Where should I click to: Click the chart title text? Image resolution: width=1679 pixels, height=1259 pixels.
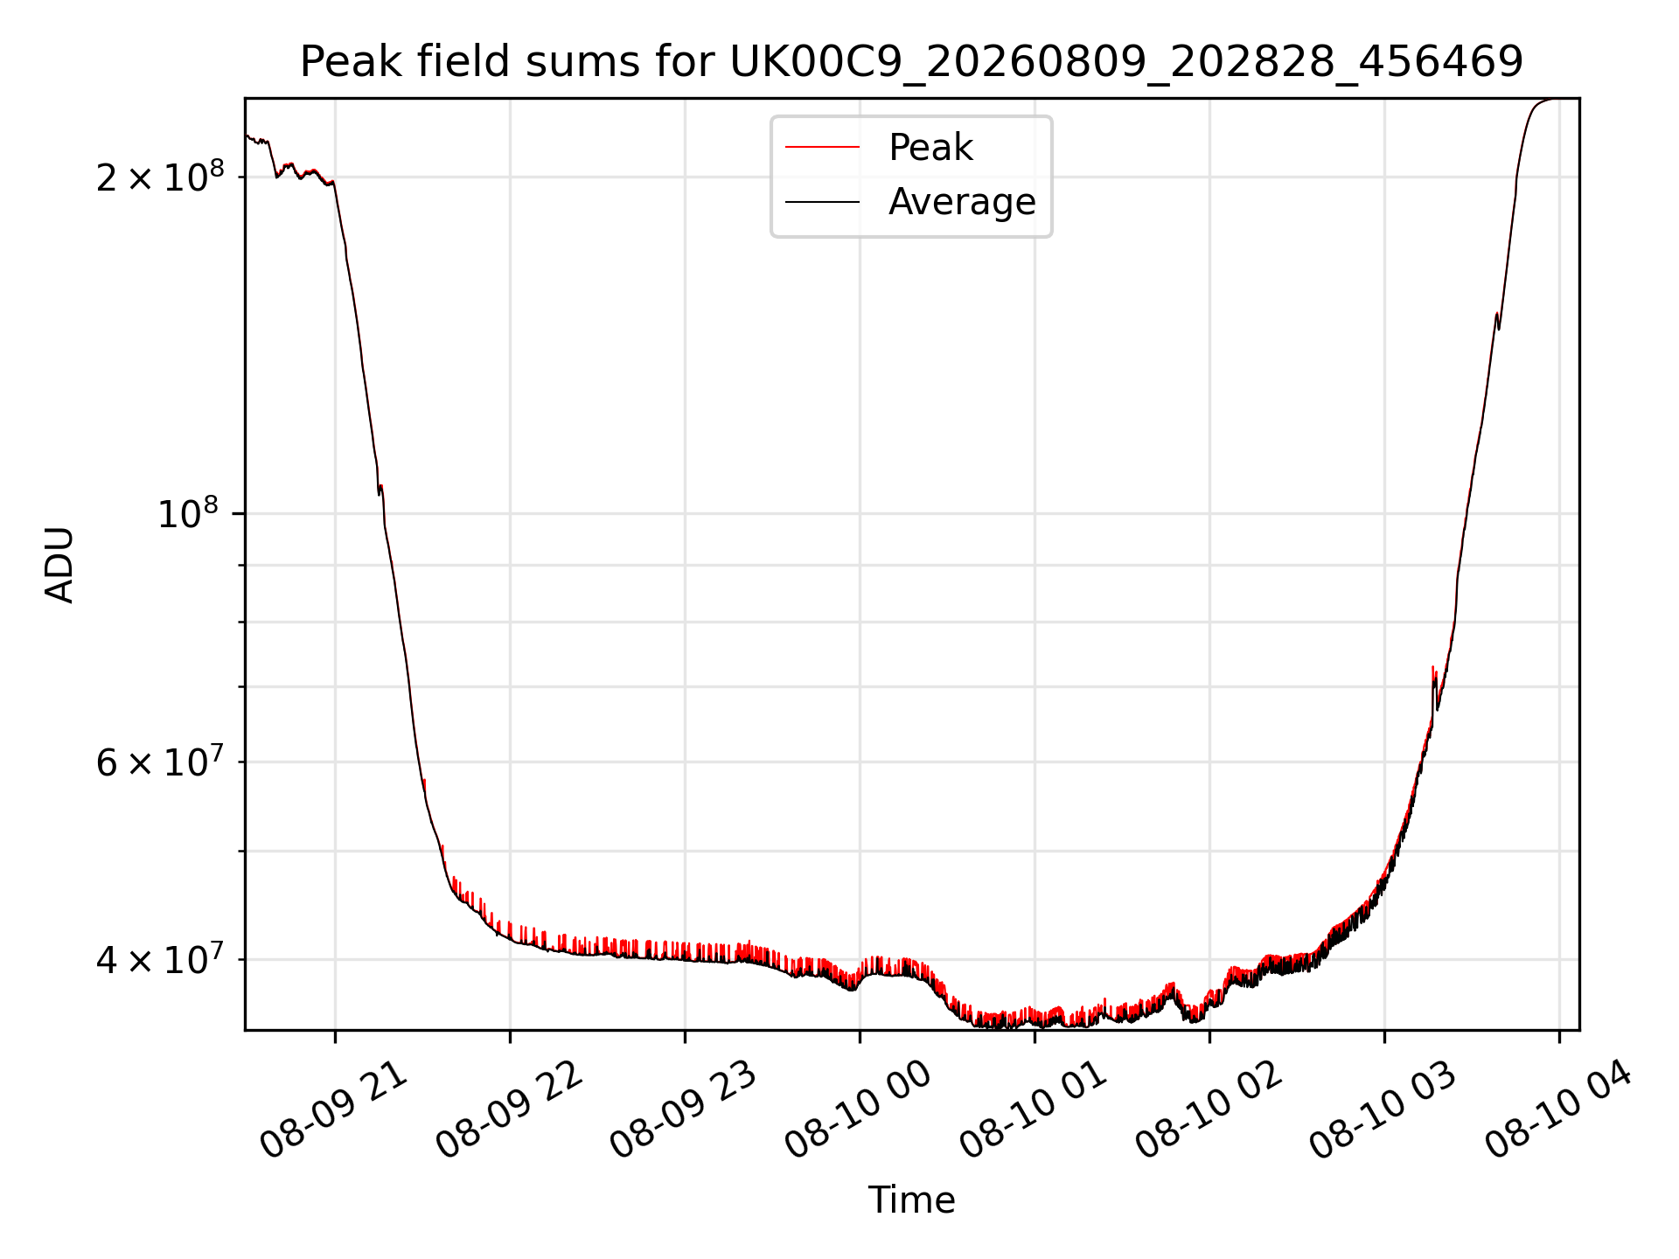(x=911, y=62)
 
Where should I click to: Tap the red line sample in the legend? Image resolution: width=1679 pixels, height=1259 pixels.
(x=822, y=148)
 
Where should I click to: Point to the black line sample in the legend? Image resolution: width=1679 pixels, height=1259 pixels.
(x=822, y=202)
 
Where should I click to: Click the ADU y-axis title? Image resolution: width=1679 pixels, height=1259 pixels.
(x=59, y=564)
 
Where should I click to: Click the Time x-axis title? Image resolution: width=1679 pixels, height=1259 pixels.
(x=911, y=1200)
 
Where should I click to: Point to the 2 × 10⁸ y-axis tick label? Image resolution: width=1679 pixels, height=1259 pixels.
(x=160, y=176)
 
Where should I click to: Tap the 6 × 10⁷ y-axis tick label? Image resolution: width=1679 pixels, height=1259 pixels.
(x=160, y=761)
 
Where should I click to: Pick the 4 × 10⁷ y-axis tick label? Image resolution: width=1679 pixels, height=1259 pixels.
(x=160, y=958)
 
